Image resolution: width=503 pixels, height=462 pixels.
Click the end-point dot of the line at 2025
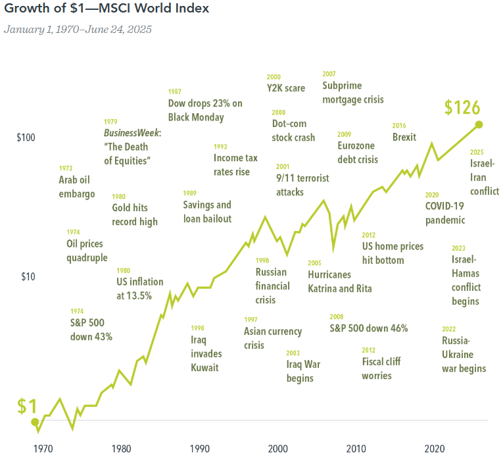click(479, 124)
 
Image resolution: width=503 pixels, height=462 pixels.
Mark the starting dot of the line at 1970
click(36, 422)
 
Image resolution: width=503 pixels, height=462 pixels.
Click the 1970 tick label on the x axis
click(43, 449)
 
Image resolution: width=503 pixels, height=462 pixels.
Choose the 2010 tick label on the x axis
click(356, 449)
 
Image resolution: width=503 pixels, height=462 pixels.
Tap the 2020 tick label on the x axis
click(434, 449)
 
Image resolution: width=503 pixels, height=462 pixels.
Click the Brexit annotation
click(404, 137)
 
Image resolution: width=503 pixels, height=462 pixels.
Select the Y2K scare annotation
click(285, 88)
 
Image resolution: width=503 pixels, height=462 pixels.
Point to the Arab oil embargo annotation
click(77, 186)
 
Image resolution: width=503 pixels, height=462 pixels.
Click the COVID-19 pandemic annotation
click(445, 213)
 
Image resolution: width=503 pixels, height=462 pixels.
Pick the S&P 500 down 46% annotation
click(369, 328)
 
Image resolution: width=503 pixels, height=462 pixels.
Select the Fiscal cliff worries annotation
click(381, 369)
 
